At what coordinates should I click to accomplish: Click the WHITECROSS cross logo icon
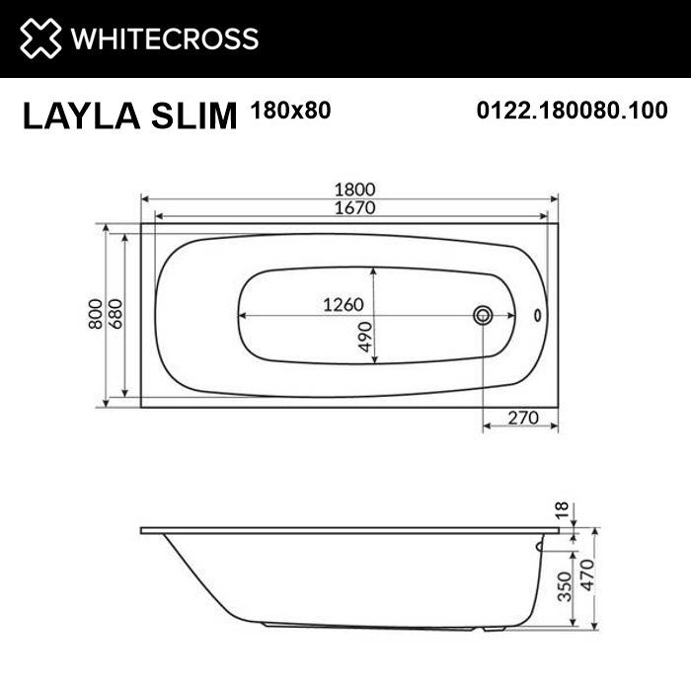[x=38, y=38]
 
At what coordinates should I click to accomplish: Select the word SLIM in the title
[x=196, y=115]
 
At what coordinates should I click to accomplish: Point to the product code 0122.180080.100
[x=572, y=111]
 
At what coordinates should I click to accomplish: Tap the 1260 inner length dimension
[x=345, y=305]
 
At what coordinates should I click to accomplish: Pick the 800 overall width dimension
[x=96, y=314]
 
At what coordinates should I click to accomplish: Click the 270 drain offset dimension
[x=520, y=418]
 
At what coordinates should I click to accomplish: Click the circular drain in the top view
[x=483, y=315]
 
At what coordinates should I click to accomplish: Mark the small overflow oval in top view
[x=537, y=316]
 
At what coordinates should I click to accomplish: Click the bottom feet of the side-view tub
[x=380, y=626]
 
